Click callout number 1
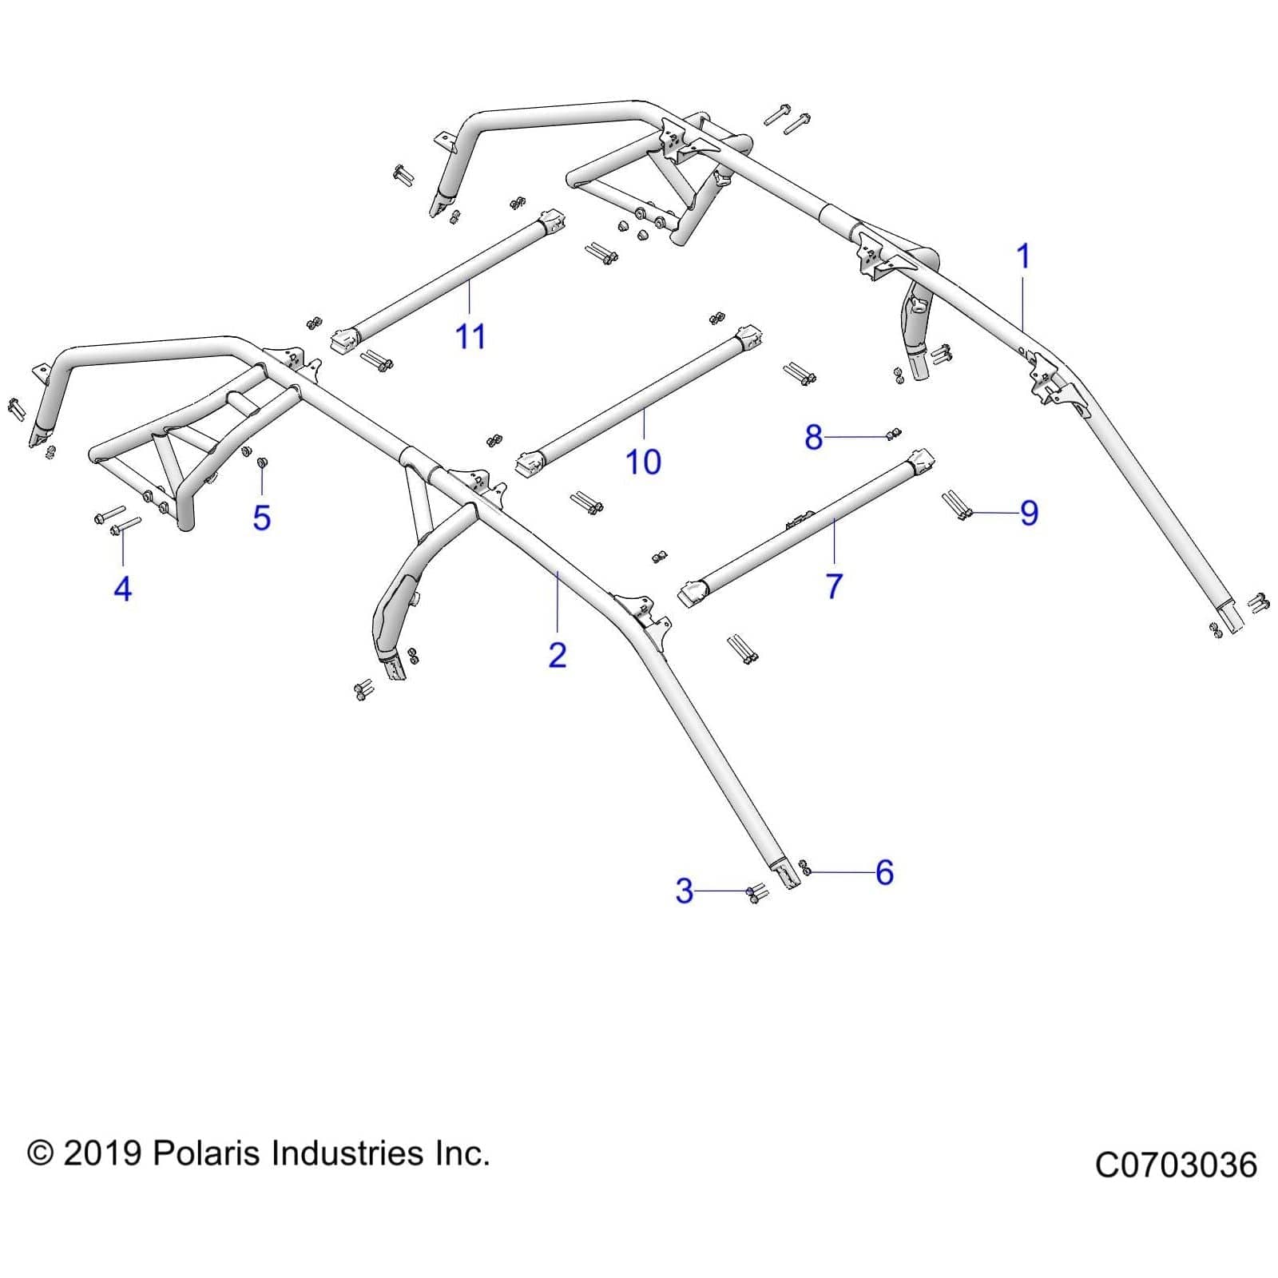pos(1022,257)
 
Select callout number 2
pos(558,655)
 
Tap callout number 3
pos(684,891)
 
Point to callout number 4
pos(122,589)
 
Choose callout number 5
pos(261,518)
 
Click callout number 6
pos(883,872)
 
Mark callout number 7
pos(834,585)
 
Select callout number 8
pos(813,437)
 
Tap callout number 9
pos(1029,513)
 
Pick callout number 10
pos(643,462)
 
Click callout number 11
pos(470,336)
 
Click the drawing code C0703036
pos(1175,1165)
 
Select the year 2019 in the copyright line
pos(101,1153)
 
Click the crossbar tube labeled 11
pos(447,280)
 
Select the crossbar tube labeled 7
pos(807,523)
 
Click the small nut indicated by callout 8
pos(893,434)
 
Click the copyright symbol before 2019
pos(40,1153)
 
